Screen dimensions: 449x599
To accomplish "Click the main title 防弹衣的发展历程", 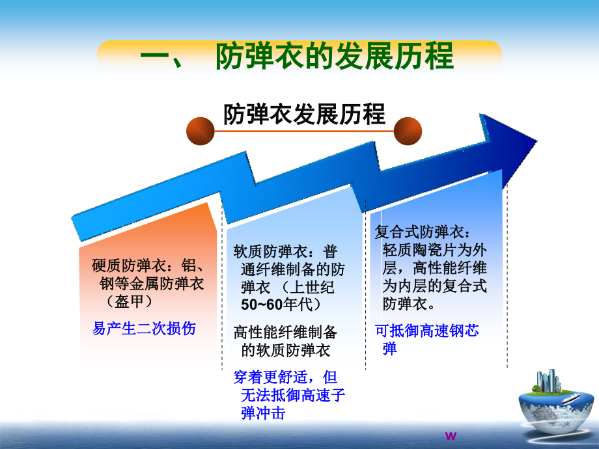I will coord(333,56).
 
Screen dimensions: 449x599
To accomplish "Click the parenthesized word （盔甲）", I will coord(130,301).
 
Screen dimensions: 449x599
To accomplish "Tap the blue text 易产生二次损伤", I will coord(144,328).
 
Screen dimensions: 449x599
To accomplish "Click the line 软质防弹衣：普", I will coord(286,251).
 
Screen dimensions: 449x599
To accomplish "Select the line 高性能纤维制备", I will coord(286,333).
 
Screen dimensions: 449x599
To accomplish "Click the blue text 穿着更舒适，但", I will coord(286,377).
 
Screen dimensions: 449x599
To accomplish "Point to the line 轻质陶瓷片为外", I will coord(435,250).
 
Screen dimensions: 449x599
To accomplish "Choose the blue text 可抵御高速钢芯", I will coord(427,331).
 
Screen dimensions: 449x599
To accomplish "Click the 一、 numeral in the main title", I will coord(163,57).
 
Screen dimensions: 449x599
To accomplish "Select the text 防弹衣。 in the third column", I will coord(410,304).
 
